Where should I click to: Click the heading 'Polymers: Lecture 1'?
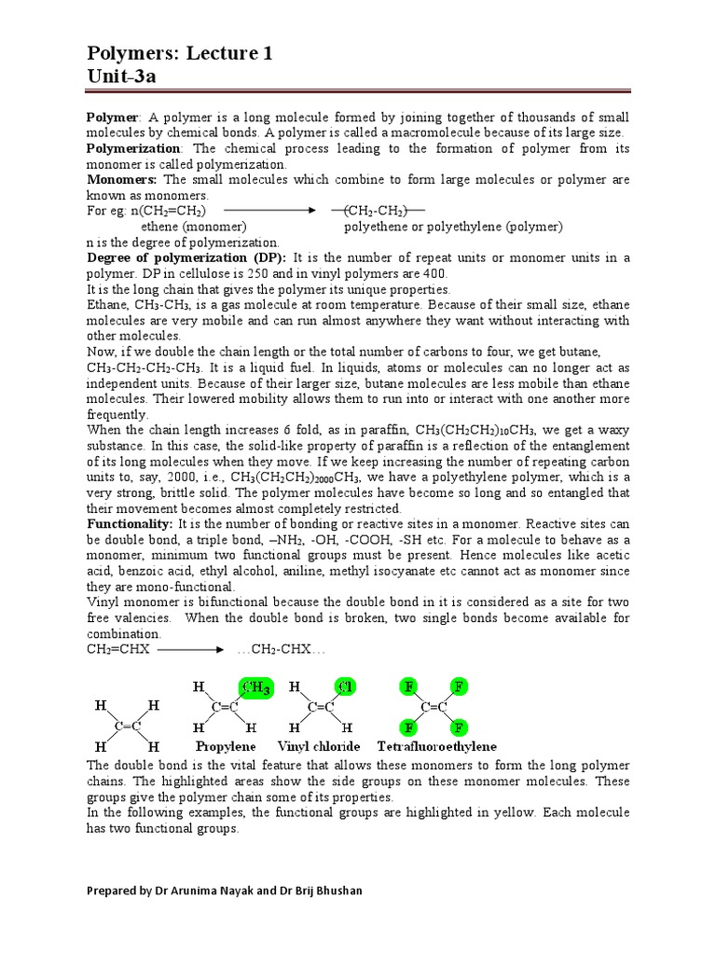click(180, 54)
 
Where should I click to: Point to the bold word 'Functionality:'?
click(130, 525)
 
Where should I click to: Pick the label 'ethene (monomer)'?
click(193, 227)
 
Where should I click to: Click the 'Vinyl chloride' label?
click(319, 746)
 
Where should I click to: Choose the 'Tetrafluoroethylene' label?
click(436, 746)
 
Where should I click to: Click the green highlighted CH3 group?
click(255, 688)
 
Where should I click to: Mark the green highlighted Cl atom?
click(346, 688)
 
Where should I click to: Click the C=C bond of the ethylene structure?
click(128, 726)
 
